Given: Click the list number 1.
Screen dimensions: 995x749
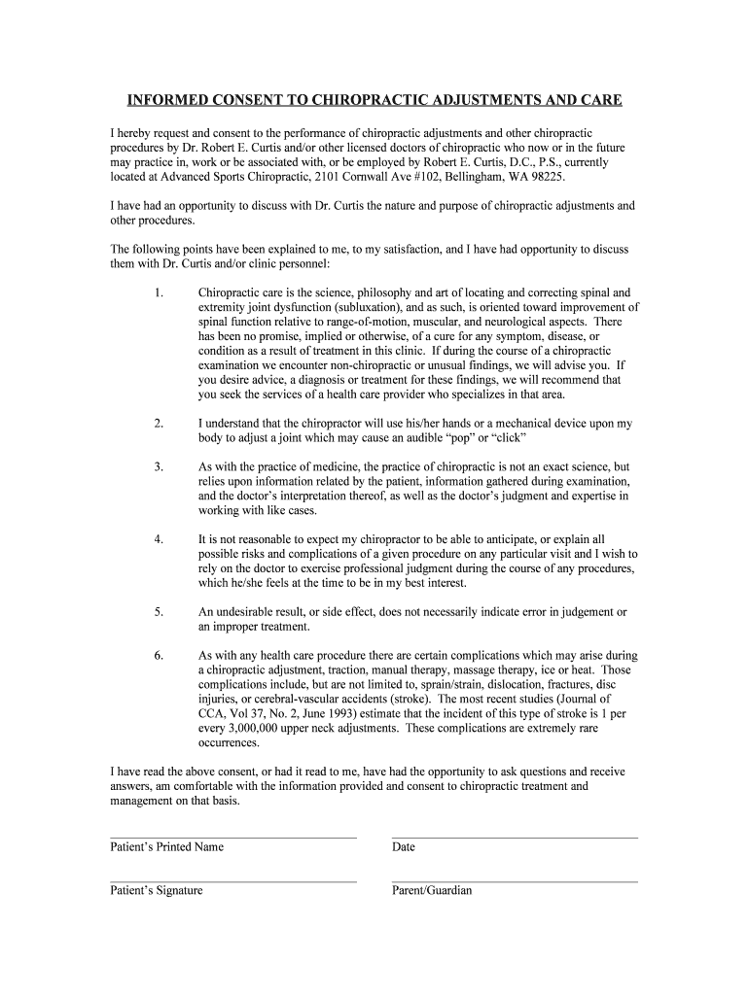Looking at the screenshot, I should (x=158, y=292).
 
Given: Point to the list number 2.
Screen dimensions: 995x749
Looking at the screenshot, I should (x=158, y=424).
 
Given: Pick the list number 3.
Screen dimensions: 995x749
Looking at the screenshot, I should (x=158, y=467).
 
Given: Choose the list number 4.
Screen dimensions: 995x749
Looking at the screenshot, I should (x=158, y=539).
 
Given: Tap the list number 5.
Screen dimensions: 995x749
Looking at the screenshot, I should (x=158, y=612).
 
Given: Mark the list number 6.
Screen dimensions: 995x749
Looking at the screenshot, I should (x=158, y=656).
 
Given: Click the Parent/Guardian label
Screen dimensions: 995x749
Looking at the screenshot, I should (x=432, y=890).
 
